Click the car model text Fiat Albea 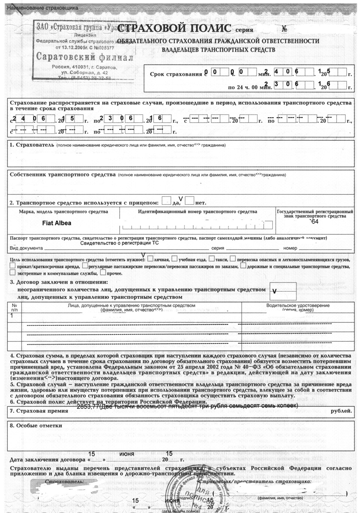[56, 223]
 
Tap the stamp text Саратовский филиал [84, 57]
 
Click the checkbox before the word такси [212, 259]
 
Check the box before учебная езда [175, 259]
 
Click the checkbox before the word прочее [103, 273]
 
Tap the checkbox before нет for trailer [190, 202]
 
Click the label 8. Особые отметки [36, 426]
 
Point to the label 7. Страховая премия [39, 411]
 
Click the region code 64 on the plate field [314, 222]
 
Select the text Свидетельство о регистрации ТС [120, 243]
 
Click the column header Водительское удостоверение [298, 305]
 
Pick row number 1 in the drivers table [12, 316]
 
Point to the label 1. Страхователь [32, 144]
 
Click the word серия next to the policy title [244, 30]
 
